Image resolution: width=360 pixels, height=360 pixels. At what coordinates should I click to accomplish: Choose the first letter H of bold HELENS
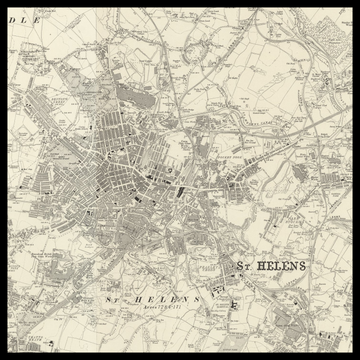(261, 266)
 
